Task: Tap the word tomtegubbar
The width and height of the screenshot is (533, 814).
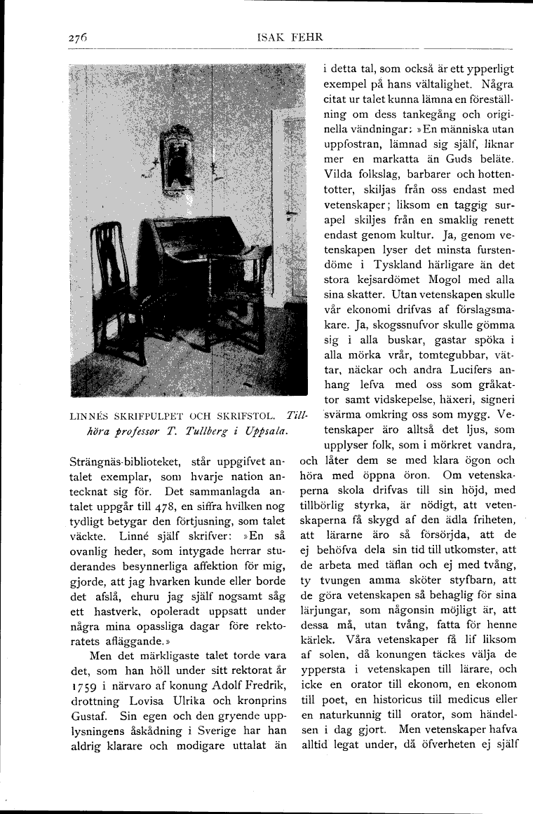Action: (x=440, y=355)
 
